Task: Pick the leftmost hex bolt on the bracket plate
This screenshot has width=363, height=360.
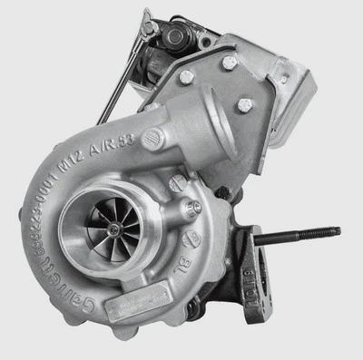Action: tap(187, 77)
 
